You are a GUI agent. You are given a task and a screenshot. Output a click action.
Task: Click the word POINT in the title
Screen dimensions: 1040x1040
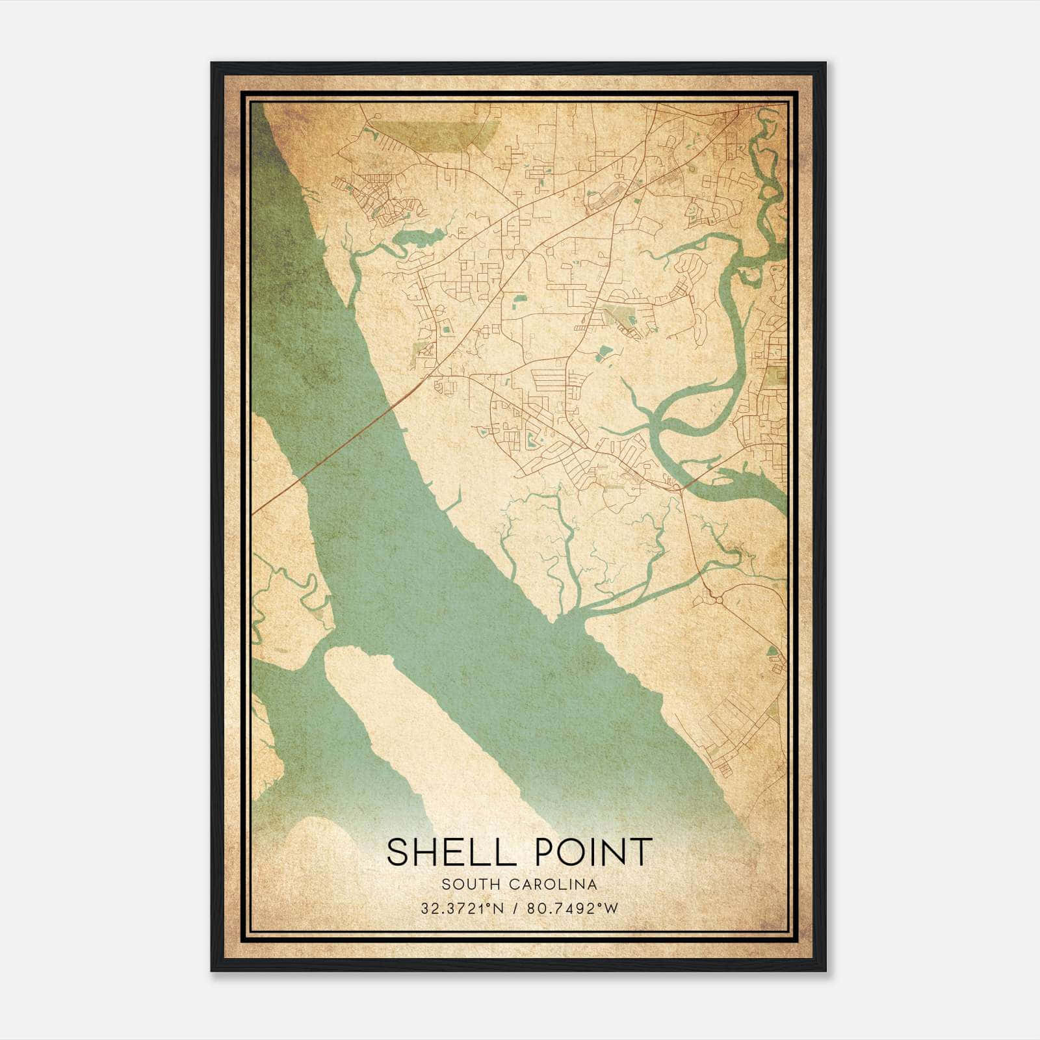coord(592,852)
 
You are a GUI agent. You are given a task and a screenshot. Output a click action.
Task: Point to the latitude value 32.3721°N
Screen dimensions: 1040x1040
coord(463,909)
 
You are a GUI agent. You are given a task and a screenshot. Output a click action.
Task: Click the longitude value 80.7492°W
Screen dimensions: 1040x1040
coord(572,909)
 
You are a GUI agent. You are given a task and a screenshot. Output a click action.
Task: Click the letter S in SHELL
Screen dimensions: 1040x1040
coord(398,852)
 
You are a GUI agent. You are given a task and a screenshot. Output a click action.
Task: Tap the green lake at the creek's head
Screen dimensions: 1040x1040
coord(419,239)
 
